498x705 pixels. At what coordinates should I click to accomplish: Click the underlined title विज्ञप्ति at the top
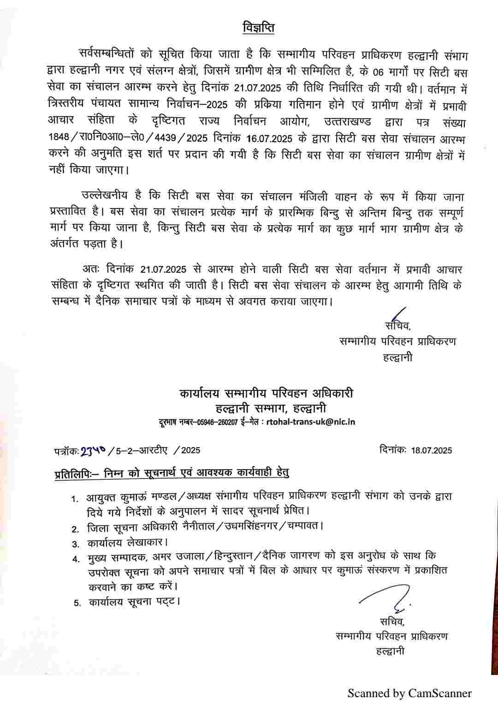[x=258, y=28]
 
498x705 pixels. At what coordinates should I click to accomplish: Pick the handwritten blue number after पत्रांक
[x=94, y=451]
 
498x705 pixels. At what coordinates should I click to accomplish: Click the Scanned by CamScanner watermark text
[x=409, y=693]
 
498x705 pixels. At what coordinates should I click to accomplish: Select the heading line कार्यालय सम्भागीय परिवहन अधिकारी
[x=267, y=394]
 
